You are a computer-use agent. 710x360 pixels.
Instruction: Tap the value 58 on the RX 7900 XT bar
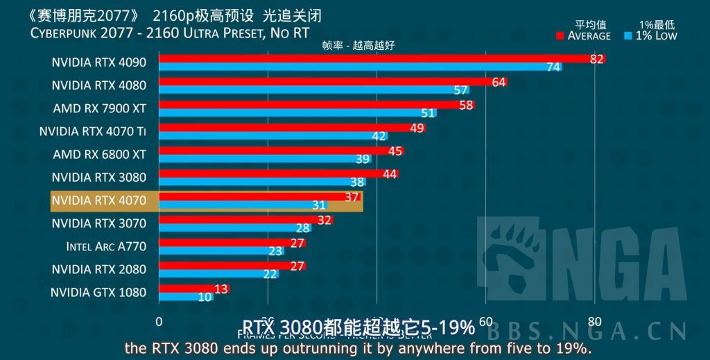click(x=466, y=105)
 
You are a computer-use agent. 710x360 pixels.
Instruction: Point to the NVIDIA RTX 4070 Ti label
click(x=93, y=130)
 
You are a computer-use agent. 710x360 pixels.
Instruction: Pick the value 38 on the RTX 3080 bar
click(x=358, y=182)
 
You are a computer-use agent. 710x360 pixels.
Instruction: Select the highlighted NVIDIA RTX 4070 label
click(x=99, y=200)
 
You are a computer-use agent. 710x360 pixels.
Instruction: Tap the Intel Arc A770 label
click(x=106, y=246)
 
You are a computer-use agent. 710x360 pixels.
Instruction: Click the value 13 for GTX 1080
click(x=222, y=289)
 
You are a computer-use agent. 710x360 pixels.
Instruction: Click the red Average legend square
click(x=561, y=35)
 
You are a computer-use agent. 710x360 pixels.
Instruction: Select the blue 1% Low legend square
click(x=628, y=35)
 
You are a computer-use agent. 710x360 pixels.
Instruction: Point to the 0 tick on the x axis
click(x=159, y=322)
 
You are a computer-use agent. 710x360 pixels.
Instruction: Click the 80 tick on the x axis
click(x=594, y=322)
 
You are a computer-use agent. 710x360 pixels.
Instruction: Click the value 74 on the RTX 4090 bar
click(x=553, y=67)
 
